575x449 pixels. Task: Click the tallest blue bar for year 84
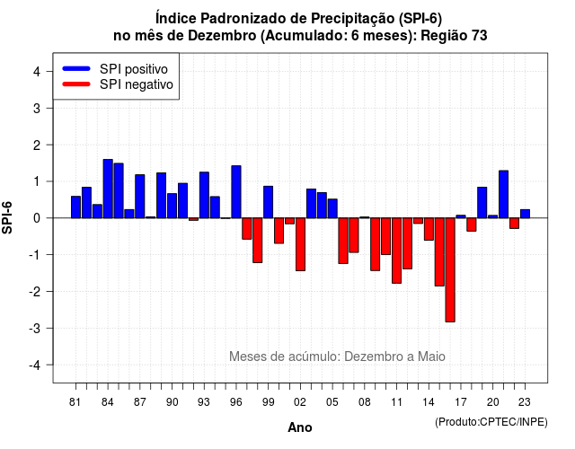point(108,189)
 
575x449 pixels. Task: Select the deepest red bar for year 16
point(450,269)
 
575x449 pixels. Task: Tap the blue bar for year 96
point(236,191)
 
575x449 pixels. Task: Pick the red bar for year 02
point(300,244)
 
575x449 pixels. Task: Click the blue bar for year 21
point(503,194)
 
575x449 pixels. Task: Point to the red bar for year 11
point(396,251)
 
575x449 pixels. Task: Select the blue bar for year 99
point(268,202)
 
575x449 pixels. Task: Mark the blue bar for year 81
point(75,207)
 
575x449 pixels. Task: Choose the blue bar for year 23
point(525,214)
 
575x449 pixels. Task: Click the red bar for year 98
point(258,240)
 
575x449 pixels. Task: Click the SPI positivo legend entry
point(115,69)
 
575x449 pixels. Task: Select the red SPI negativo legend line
point(76,84)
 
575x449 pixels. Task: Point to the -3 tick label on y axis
point(36,329)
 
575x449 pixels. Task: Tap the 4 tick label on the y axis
point(37,72)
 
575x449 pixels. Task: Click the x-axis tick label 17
point(461,402)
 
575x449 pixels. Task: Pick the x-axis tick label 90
point(172,402)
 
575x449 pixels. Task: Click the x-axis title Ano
point(300,427)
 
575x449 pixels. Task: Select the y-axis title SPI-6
point(7,217)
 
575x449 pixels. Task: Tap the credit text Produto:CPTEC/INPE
point(491,422)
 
